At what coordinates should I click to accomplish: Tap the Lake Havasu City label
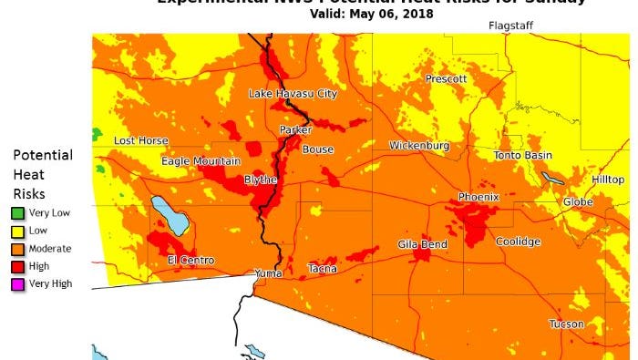click(x=293, y=94)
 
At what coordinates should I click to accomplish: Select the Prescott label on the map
click(x=446, y=79)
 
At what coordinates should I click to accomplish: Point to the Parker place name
click(x=295, y=130)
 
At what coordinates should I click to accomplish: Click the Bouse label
click(x=318, y=149)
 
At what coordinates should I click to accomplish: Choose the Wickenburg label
click(x=419, y=146)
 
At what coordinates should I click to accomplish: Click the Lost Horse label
click(x=140, y=140)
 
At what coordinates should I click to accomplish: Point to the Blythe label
click(x=261, y=180)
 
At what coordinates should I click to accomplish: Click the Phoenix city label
click(x=478, y=197)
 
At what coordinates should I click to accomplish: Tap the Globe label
click(x=577, y=201)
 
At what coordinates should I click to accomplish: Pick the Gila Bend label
click(x=422, y=245)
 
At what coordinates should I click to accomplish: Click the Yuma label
click(x=268, y=273)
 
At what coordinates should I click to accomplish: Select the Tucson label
click(x=566, y=324)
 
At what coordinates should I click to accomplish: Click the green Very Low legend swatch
click(x=18, y=213)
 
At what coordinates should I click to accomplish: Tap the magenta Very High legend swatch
click(x=18, y=284)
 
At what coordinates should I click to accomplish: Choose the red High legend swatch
click(x=18, y=266)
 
